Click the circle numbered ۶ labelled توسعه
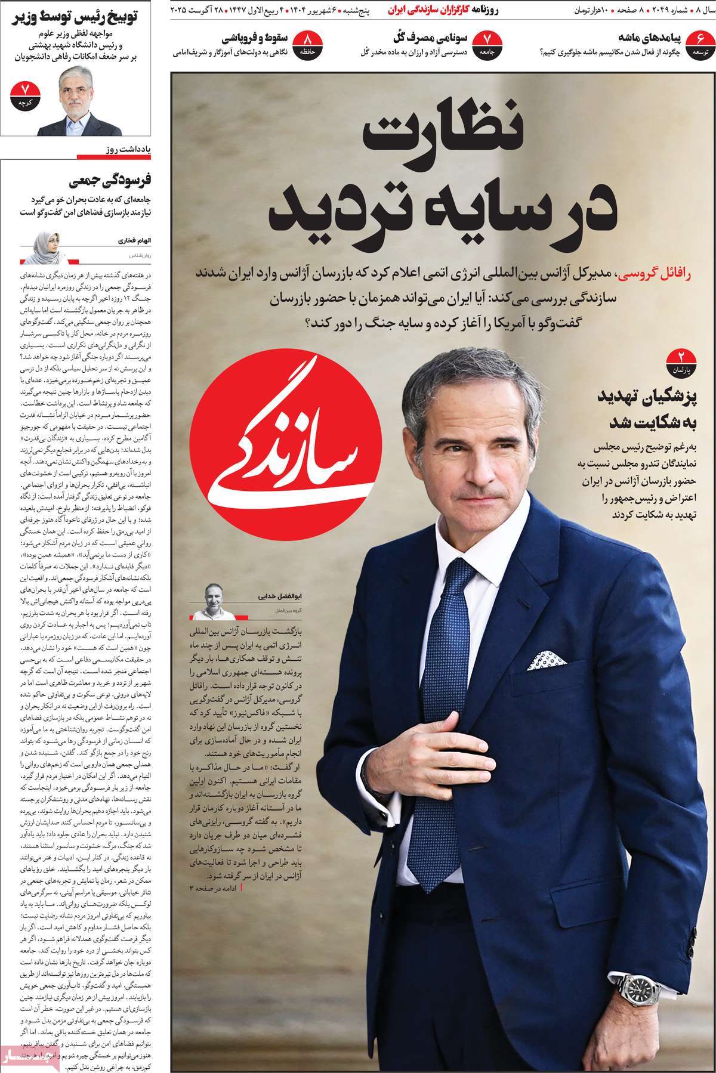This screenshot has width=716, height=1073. tap(700, 44)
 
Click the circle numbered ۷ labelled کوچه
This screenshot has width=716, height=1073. tap(25, 95)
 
